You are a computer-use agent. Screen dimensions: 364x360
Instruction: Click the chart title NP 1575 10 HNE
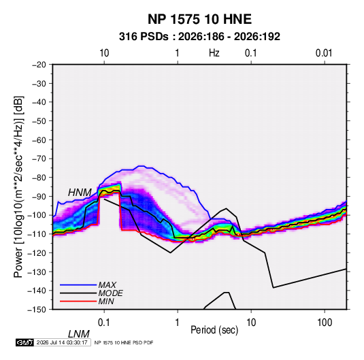tap(199, 19)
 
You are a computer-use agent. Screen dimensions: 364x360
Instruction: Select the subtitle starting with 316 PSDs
tap(199, 37)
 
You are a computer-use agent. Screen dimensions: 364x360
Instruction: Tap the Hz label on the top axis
tap(214, 53)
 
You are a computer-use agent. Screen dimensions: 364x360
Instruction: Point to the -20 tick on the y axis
tap(39, 65)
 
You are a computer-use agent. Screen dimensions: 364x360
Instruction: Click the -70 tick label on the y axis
tap(39, 159)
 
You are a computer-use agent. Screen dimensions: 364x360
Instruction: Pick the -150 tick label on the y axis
tap(37, 310)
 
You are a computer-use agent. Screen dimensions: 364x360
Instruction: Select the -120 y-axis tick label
tap(37, 253)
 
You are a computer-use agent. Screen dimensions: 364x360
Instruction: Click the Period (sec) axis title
tap(214, 330)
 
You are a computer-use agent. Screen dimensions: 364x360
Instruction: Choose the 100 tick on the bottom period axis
tap(325, 323)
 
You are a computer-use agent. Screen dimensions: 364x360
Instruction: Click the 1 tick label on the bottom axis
tap(178, 323)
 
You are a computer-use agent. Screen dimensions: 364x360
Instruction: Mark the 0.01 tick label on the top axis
tap(324, 53)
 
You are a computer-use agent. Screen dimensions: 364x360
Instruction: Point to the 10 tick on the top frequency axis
tap(104, 53)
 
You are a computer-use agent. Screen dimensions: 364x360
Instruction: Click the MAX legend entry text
tap(107, 285)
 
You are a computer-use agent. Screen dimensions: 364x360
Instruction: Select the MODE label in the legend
tap(110, 293)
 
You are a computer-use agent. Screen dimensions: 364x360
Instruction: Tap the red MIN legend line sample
tap(78, 301)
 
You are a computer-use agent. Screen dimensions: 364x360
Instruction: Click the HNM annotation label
tap(80, 193)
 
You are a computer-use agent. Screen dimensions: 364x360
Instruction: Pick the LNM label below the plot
tap(79, 334)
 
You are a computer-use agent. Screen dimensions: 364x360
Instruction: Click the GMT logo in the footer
tap(25, 342)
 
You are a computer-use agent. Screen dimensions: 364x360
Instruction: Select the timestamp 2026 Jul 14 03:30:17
tap(62, 342)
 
